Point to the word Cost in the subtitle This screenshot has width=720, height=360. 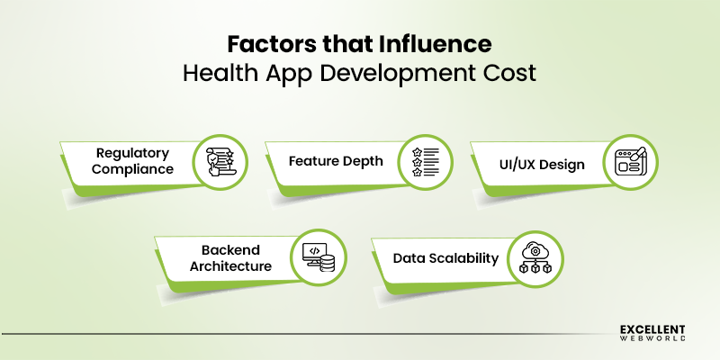click(x=511, y=73)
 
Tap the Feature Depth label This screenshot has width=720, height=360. click(x=336, y=162)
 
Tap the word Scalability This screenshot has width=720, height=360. click(x=463, y=258)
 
